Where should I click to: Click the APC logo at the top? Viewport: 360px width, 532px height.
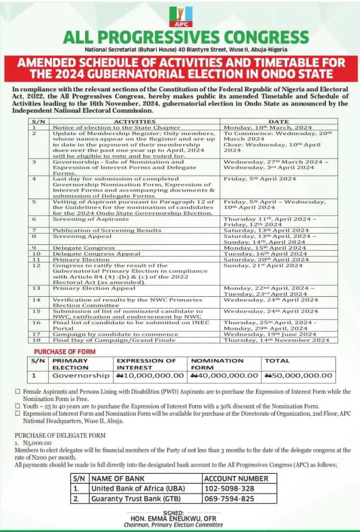(x=180, y=17)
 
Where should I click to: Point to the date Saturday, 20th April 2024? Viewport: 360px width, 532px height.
(x=266, y=260)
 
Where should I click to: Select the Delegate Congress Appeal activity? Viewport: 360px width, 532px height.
(x=96, y=254)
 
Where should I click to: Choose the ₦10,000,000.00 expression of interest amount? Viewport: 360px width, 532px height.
(x=151, y=375)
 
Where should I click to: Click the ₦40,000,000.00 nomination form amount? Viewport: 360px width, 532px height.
(x=224, y=375)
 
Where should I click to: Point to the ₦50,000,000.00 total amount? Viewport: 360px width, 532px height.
(x=298, y=375)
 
